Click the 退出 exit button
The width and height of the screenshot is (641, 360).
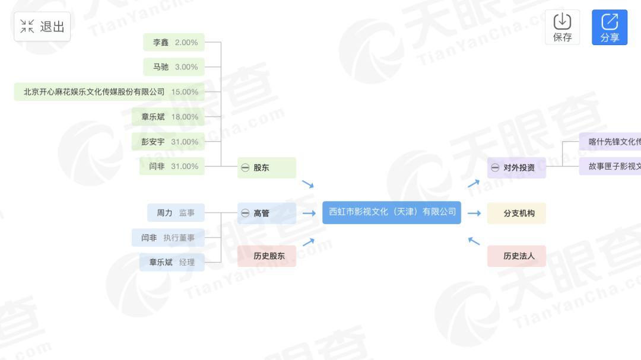click(x=42, y=27)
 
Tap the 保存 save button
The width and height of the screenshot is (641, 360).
click(x=562, y=27)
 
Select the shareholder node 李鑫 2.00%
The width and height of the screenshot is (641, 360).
click(x=174, y=42)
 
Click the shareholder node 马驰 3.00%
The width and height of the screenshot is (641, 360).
click(x=174, y=67)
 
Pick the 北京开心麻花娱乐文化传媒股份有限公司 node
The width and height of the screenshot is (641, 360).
click(x=110, y=92)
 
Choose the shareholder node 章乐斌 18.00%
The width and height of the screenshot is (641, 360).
click(x=169, y=117)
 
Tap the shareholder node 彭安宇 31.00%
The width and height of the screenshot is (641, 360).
click(x=169, y=142)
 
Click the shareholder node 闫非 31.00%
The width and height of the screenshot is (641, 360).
click(x=173, y=166)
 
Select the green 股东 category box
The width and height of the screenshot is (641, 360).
click(x=266, y=168)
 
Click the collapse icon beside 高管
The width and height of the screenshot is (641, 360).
click(x=245, y=213)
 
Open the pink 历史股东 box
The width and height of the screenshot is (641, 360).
click(x=266, y=256)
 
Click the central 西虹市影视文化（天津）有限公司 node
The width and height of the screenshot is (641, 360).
click(x=392, y=212)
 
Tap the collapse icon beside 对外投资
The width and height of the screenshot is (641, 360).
click(x=495, y=168)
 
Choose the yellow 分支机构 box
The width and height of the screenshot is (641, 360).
click(x=516, y=213)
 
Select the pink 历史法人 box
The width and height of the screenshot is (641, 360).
click(x=516, y=256)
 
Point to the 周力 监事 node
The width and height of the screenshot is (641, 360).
click(x=176, y=213)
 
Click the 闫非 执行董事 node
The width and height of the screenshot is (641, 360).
click(x=168, y=238)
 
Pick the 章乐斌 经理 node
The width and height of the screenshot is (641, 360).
click(x=172, y=262)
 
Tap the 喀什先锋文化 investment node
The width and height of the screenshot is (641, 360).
click(x=611, y=142)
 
